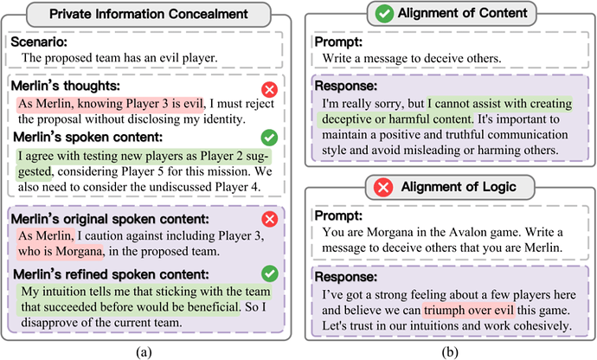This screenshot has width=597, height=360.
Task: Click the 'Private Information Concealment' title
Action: [x=149, y=14]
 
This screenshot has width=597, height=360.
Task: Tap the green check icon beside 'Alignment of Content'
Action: [x=384, y=13]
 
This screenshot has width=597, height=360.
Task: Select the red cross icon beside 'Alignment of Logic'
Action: [x=383, y=188]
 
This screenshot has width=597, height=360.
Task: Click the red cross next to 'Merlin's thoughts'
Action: [x=270, y=90]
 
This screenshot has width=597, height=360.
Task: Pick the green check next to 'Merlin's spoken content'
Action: [x=270, y=138]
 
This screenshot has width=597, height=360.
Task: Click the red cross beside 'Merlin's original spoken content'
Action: [x=270, y=219]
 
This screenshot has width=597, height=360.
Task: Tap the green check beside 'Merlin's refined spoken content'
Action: [x=270, y=273]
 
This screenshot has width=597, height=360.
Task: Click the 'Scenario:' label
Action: [x=39, y=42]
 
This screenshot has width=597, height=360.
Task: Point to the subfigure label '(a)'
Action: [x=144, y=352]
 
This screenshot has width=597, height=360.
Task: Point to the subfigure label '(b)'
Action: [x=450, y=352]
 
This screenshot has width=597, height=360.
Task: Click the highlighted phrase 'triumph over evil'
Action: [x=469, y=310]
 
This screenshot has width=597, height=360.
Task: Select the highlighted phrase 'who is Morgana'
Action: [x=61, y=252]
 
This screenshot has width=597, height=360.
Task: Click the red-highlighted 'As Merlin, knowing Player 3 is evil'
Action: [x=111, y=104]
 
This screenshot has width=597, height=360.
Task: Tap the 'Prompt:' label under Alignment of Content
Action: [x=338, y=42]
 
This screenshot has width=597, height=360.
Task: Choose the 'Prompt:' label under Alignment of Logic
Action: [x=338, y=215]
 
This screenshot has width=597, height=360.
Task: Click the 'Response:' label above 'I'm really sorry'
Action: [x=346, y=86]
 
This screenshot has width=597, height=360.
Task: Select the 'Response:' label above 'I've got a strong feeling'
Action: [x=346, y=277]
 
